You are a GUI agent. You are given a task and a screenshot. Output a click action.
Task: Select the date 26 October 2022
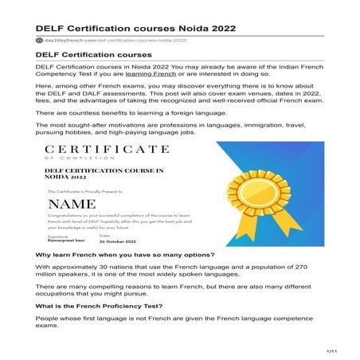pos(119,240)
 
